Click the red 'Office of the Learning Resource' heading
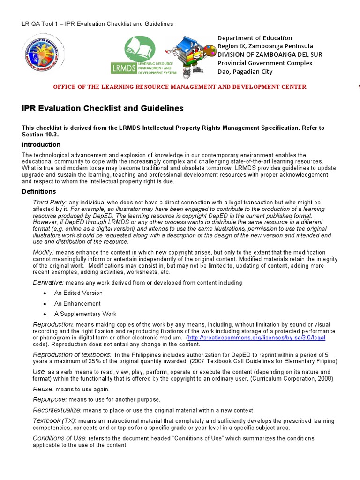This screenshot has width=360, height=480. (180, 87)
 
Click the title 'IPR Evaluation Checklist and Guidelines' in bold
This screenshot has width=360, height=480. (103, 109)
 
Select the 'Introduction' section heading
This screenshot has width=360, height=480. (41, 144)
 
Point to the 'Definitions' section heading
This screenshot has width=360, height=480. (39, 191)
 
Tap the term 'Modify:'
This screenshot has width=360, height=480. (44, 252)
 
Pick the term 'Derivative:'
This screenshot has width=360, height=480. (48, 283)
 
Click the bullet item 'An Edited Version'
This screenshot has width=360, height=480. (78, 293)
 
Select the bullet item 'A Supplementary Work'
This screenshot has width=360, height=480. (85, 314)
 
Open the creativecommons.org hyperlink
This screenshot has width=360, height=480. (256, 337)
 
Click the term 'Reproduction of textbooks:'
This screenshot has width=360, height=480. (72, 354)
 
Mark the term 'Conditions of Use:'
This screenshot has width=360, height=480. (60, 438)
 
